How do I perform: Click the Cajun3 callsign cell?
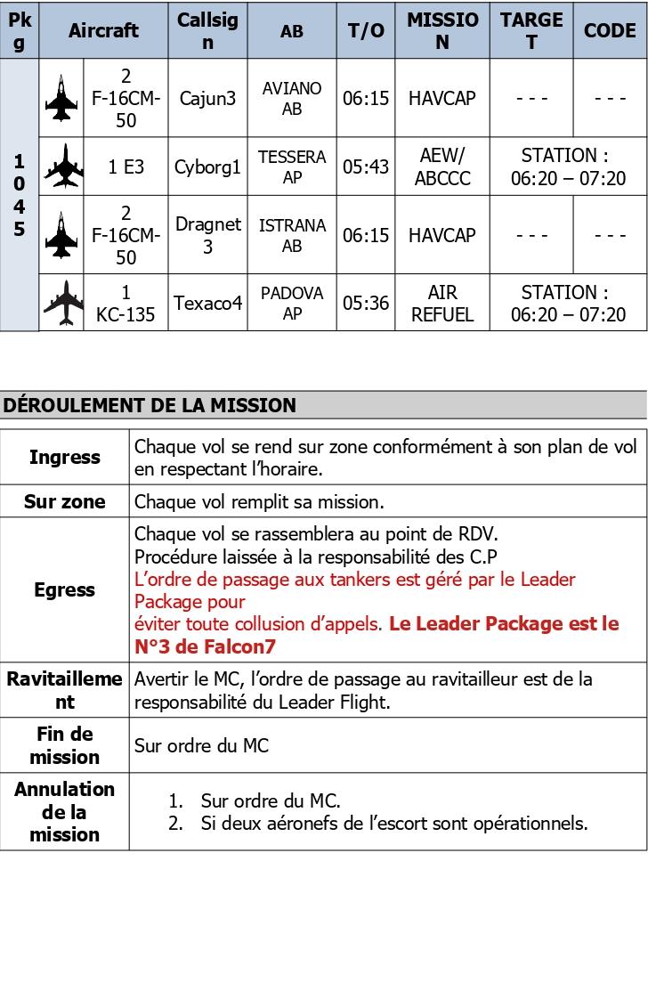click(x=207, y=98)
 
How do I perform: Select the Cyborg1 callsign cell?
click(x=207, y=167)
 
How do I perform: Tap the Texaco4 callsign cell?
click(x=207, y=304)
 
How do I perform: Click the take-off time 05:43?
click(x=367, y=167)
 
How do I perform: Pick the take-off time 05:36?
click(x=367, y=304)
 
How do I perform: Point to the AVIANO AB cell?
click(x=292, y=98)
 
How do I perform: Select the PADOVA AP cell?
click(x=292, y=304)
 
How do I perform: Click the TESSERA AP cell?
click(x=292, y=167)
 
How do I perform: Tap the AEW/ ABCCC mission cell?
click(x=442, y=167)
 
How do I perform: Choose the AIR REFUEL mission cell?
click(x=442, y=304)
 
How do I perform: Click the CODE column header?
click(x=610, y=30)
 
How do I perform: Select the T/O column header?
click(x=367, y=30)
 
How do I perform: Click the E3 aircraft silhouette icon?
click(x=62, y=167)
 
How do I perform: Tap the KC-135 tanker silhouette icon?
click(x=62, y=304)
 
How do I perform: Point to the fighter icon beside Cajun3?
click(x=61, y=98)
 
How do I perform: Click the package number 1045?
click(x=20, y=195)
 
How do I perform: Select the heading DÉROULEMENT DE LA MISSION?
click(x=149, y=405)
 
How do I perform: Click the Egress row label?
click(x=64, y=589)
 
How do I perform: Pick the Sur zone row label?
click(x=64, y=501)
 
